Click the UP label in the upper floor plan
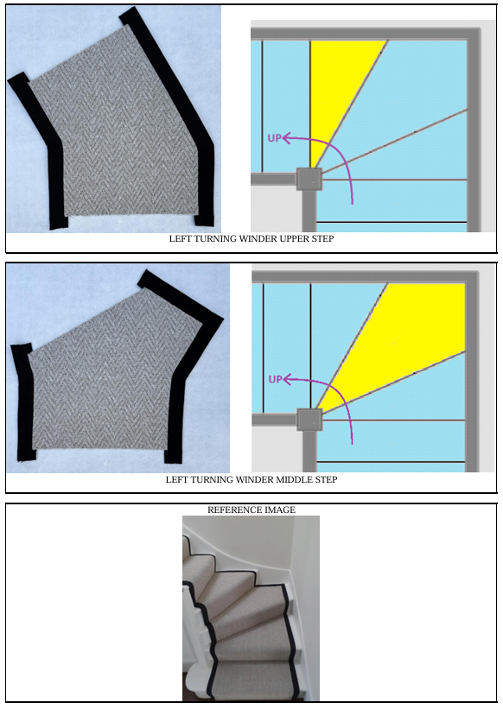275,138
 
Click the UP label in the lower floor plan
275,379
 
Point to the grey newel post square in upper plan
309,179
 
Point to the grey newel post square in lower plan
309,420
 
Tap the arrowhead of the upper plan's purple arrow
285,138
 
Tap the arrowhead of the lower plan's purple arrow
285,380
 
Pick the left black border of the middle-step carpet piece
22,402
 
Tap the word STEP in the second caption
326,480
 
